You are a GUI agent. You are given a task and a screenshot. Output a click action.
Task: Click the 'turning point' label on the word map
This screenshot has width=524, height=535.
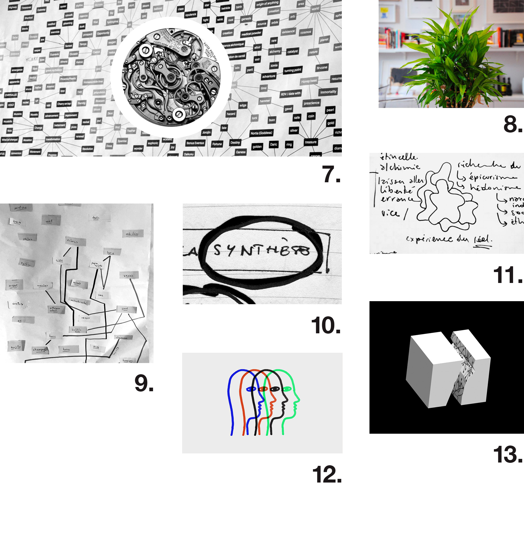pyautogui.click(x=293, y=70)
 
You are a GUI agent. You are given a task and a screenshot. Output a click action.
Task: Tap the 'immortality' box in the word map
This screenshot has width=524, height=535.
pyautogui.click(x=328, y=92)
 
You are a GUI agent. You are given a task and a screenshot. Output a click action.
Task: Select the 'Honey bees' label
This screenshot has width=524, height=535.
pyautogui.click(x=309, y=81)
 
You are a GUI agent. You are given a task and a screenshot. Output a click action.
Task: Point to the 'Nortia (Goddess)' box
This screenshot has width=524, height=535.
pyautogui.click(x=261, y=133)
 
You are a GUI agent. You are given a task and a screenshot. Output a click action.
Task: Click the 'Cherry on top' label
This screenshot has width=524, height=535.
pyautogui.click(x=64, y=104)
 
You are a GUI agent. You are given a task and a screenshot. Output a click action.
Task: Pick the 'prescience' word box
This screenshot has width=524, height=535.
pyautogui.click(x=311, y=103)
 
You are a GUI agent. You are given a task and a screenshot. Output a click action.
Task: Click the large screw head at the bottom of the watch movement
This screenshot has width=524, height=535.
pyautogui.click(x=179, y=114)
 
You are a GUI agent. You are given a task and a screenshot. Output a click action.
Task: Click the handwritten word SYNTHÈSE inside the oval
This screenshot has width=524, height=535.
pyautogui.click(x=261, y=251)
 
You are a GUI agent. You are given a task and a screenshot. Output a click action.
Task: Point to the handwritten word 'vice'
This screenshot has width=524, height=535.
pyautogui.click(x=390, y=213)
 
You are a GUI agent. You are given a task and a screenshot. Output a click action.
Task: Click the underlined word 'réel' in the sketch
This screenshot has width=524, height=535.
pyautogui.click(x=483, y=239)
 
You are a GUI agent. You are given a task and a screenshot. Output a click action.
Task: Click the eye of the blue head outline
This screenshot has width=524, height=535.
pyautogui.click(x=251, y=389)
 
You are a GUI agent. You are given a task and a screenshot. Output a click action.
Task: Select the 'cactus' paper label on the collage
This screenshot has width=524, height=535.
pyautogui.click(x=18, y=304)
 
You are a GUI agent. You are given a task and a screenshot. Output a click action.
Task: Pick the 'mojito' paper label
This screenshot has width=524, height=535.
pyautogui.click(x=16, y=347)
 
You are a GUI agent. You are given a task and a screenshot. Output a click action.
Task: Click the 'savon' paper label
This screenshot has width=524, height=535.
pyautogui.click(x=129, y=275)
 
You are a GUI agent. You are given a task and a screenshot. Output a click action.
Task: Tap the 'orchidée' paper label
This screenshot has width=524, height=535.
pyautogui.click(x=132, y=234)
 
